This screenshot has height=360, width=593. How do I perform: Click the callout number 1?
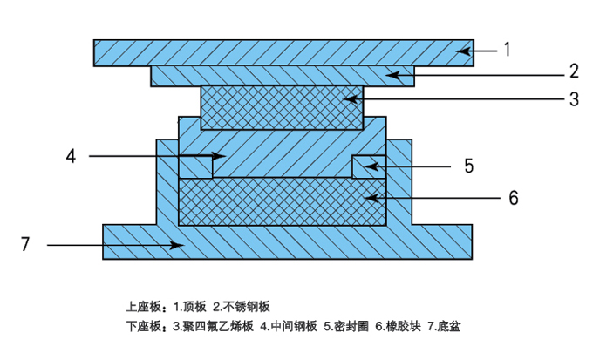click(x=507, y=51)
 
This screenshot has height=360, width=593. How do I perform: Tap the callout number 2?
click(x=574, y=71)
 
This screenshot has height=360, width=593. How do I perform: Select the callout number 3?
click(x=574, y=98)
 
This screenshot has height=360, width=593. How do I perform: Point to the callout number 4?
click(x=72, y=156)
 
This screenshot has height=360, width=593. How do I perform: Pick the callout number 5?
click(x=468, y=166)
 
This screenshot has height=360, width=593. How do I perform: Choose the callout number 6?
click(x=514, y=198)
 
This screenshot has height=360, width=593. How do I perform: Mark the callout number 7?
click(x=25, y=245)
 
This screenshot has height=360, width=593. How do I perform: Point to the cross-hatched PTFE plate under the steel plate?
click(x=282, y=106)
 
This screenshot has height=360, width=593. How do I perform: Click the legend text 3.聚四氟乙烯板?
click(x=213, y=328)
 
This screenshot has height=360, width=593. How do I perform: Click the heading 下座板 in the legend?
click(x=142, y=328)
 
